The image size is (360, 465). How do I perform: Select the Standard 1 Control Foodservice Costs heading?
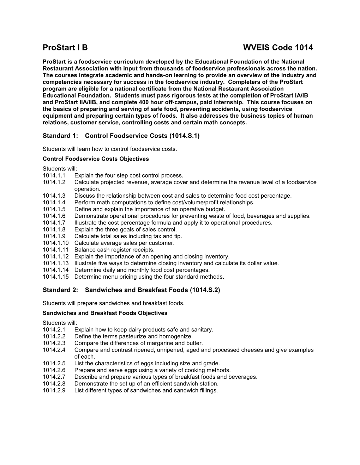[121, 136]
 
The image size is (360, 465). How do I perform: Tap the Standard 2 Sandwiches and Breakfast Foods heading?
[131, 290]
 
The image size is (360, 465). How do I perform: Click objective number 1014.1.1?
[54, 175]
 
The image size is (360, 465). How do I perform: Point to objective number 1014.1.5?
[54, 209]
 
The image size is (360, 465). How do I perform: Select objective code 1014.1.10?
[55, 243]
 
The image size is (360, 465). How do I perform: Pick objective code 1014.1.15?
[55, 277]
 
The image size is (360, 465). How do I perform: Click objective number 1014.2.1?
[54, 330]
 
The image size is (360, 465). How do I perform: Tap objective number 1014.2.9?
[54, 390]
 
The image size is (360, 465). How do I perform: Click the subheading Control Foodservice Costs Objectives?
[96, 159]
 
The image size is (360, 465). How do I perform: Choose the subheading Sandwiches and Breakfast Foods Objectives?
[105, 313]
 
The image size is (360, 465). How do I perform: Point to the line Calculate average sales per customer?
[124, 243]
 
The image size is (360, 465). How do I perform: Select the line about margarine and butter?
[139, 343]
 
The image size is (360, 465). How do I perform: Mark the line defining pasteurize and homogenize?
[133, 336]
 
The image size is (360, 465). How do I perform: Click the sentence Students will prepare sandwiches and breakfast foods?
[113, 303]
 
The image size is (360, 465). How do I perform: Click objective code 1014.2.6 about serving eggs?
[54, 370]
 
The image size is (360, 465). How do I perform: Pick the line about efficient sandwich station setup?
[146, 384]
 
